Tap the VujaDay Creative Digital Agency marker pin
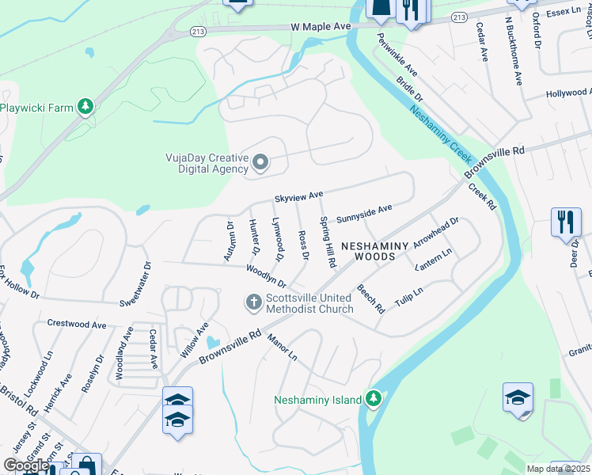[262, 163]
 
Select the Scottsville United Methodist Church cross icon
[253, 302]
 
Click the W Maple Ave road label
[321, 27]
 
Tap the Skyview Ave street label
[299, 195]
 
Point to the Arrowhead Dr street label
[436, 233]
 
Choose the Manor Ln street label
[282, 347]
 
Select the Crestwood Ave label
[77, 324]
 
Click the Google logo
[26, 465]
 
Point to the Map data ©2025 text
[557, 469]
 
